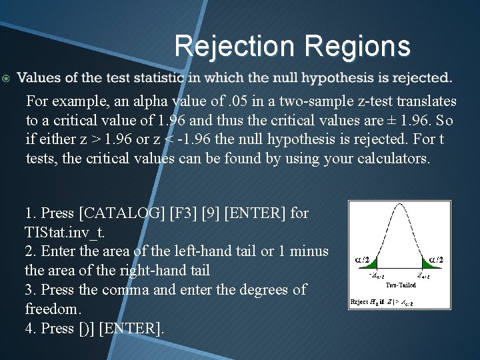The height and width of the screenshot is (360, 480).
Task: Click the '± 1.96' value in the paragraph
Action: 388,120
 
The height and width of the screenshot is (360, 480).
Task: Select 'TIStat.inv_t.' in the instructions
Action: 63,232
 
